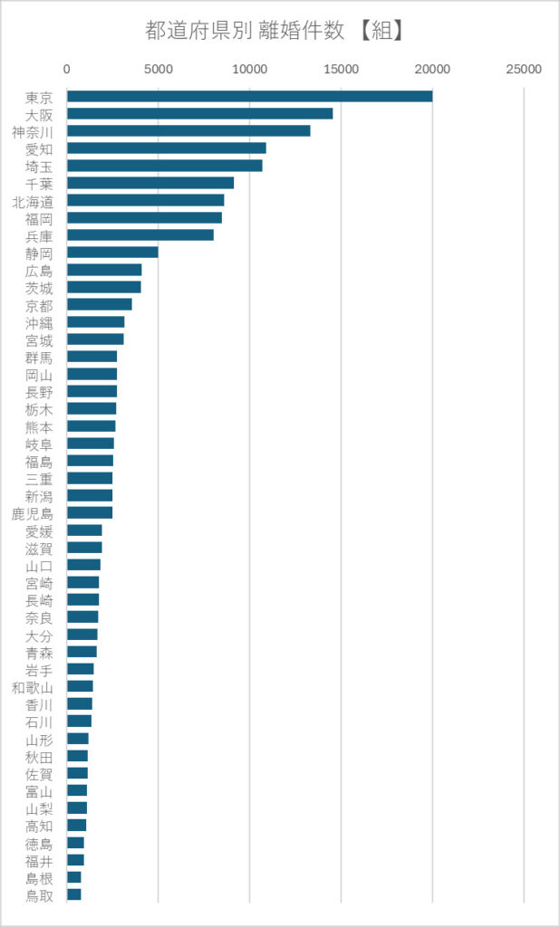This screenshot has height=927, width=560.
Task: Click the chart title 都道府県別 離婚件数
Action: pyautogui.click(x=245, y=31)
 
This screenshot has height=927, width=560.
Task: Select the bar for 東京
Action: pyautogui.click(x=250, y=96)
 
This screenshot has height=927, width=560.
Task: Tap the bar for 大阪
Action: pyautogui.click(x=199, y=113)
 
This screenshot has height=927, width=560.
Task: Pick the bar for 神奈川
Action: pyautogui.click(x=188, y=130)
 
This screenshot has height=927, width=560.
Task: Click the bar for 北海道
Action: pyautogui.click(x=146, y=200)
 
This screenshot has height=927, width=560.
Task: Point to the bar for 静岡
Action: pyautogui.click(x=112, y=253)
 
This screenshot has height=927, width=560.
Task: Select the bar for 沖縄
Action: pyautogui.click(x=95, y=322)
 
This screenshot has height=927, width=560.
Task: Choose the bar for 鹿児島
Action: pyautogui.click(x=90, y=512)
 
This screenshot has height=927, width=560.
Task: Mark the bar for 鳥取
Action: pyautogui.click(x=74, y=894)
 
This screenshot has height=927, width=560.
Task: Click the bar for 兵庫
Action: pyautogui.click(x=140, y=235)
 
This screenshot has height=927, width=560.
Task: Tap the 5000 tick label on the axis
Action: pyautogui.click(x=158, y=70)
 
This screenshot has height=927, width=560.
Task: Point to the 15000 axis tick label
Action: pyautogui.click(x=341, y=70)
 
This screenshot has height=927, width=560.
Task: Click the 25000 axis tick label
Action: pyautogui.click(x=524, y=70)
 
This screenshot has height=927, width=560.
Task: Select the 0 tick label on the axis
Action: pyautogui.click(x=67, y=70)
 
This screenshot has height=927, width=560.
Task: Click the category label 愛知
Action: pyautogui.click(x=39, y=149)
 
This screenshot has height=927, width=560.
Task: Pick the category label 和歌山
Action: pyautogui.click(x=33, y=688)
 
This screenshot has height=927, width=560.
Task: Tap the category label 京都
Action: pyautogui.click(x=39, y=306)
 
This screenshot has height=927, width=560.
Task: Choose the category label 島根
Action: pyautogui.click(x=39, y=878)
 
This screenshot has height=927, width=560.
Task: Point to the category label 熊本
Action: pyautogui.click(x=39, y=427)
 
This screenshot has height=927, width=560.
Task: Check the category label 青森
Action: pyautogui.click(x=39, y=654)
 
